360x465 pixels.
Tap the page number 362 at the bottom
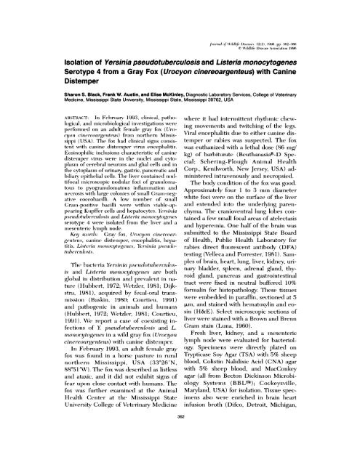(180, 448)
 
